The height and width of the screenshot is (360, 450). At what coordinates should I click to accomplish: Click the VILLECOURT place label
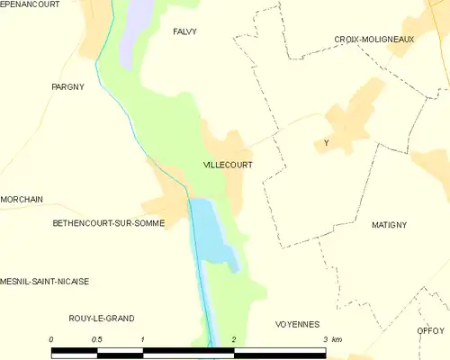coord(227,166)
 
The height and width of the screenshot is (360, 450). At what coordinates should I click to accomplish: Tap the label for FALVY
coord(184,31)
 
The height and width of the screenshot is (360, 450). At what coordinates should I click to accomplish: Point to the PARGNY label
coord(67,87)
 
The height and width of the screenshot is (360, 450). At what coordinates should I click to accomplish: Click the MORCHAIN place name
coord(22,200)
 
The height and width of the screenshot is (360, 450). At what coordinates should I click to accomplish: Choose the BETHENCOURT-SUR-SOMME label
coord(108,222)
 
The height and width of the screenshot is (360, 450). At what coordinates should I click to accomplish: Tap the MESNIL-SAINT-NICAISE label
coord(45,281)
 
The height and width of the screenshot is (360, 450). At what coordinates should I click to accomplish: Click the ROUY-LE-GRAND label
coord(102,319)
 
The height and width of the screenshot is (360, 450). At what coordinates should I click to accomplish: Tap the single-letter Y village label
coord(327,143)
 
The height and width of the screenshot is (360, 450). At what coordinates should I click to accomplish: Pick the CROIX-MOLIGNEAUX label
coord(373,40)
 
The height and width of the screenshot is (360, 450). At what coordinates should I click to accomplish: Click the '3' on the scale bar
coord(325,339)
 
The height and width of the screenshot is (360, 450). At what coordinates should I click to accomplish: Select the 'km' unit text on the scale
coord(337,339)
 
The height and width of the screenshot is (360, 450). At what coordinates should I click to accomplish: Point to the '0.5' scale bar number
coord(97,339)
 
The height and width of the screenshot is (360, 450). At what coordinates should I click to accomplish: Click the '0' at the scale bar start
coord(52,339)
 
